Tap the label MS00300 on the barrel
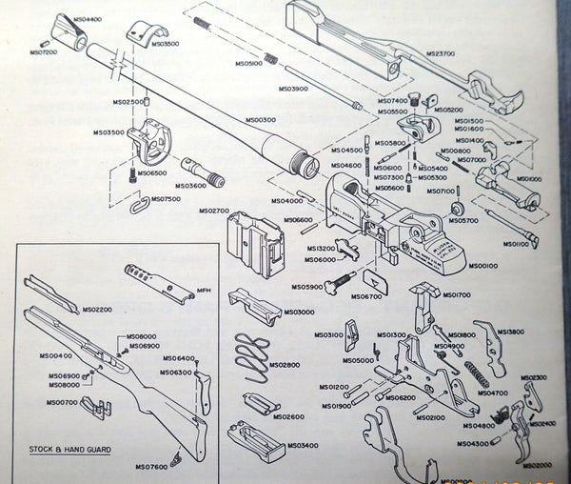point(260,120)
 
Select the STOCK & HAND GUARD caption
point(70,449)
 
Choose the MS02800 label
point(284,365)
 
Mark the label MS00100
point(484,265)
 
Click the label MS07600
point(150,466)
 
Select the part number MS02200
point(97,310)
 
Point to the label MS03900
point(293,89)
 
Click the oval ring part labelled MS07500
point(138,205)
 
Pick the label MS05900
point(307,287)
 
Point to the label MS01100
point(516,245)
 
